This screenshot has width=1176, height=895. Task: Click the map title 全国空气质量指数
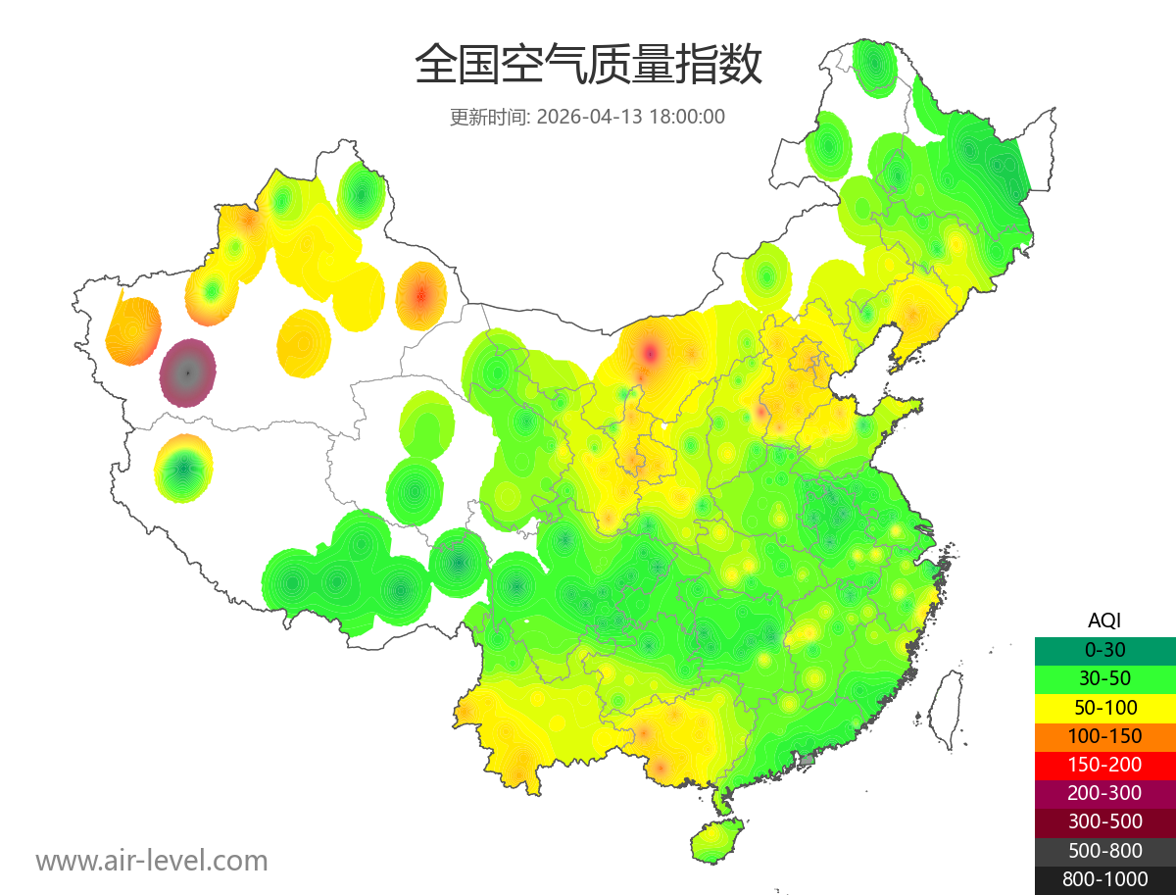click(588, 66)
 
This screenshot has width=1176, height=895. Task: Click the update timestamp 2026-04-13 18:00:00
click(631, 117)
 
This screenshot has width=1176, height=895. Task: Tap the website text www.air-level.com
click(152, 861)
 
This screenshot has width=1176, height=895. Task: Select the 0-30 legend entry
click(1104, 650)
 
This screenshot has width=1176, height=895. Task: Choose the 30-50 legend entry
click(1104, 678)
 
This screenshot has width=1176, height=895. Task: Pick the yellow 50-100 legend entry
click(1104, 707)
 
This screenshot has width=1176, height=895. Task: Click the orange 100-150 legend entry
click(1104, 735)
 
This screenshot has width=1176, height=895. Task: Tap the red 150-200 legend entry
click(1104, 765)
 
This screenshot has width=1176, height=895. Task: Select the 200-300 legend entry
click(1104, 793)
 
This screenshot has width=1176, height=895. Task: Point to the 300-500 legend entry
click(1104, 821)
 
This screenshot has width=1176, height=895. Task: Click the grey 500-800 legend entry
click(1104, 850)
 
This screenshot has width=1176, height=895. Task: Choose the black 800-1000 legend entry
click(1104, 879)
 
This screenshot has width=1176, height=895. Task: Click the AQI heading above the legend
click(1104, 621)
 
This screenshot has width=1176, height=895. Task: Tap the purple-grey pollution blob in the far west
click(188, 373)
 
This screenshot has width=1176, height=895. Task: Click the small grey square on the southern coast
click(808, 760)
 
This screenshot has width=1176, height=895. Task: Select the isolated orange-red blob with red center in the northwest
click(421, 294)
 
